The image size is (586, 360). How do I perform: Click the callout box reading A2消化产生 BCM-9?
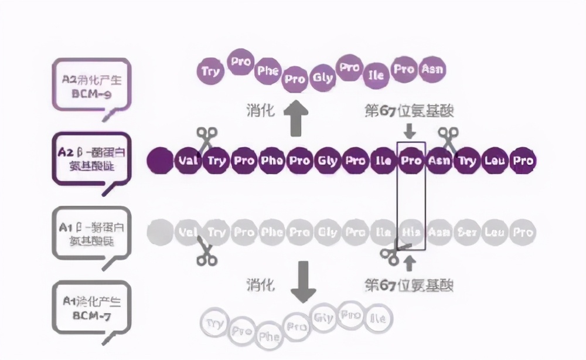pos(91,86)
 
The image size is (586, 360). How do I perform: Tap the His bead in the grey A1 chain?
pos(411,233)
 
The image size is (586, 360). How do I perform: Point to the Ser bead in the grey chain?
pos(466,233)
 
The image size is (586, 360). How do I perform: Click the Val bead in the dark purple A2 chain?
pos(188,161)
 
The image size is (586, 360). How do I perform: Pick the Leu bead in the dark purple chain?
pos(495,161)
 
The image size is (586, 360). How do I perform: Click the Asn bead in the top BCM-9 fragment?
pos(433,70)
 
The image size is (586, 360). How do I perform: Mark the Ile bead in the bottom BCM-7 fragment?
pos(378,318)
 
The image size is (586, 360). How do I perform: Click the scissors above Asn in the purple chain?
pos(449,139)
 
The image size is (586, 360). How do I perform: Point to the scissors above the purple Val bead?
pos(206,140)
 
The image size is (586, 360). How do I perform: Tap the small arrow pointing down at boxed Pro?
pos(410,131)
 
